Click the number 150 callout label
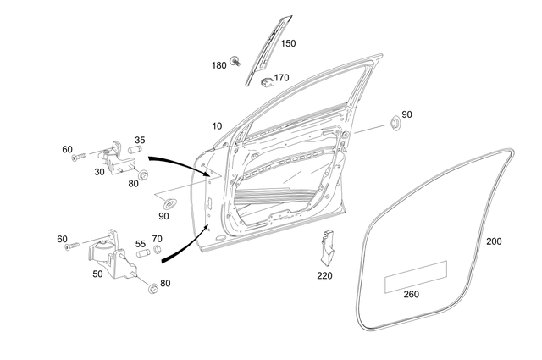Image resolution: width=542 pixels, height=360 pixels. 288,43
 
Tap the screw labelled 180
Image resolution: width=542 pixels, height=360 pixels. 241,62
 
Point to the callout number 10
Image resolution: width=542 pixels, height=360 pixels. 218,125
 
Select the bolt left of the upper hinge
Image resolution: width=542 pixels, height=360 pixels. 79,158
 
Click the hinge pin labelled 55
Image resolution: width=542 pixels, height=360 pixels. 141,252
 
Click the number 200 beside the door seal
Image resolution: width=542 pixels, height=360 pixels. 495,241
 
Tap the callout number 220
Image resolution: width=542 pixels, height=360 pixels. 325,275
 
